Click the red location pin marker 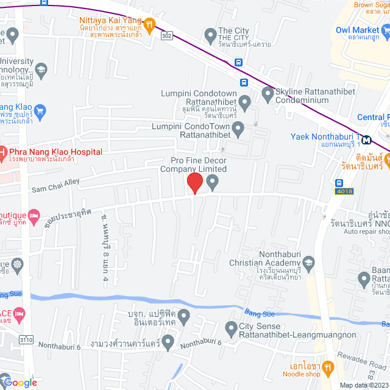[194, 183]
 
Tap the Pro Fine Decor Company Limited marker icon [212, 182]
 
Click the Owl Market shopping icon [385, 30]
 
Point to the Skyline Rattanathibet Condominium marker [267, 94]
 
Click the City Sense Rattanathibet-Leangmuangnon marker [231, 330]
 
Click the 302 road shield [166, 36]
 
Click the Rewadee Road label [353, 357]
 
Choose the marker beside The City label [210, 34]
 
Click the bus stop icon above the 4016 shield [339, 182]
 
